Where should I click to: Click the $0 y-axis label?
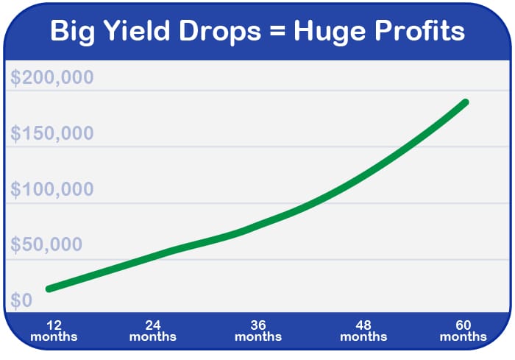(21, 300)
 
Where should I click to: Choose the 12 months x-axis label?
(54, 331)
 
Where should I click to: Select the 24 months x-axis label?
(153, 331)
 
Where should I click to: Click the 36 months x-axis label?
(258, 331)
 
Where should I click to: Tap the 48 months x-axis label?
(363, 331)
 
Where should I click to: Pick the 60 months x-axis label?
(463, 331)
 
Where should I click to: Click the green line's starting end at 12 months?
(49, 289)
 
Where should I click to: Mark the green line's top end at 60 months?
(465, 102)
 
